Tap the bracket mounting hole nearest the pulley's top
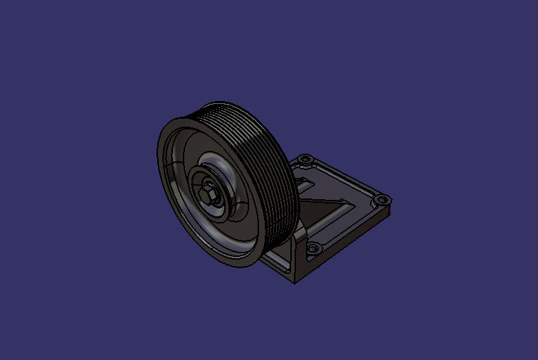click(305, 159)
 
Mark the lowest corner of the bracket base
click(295, 282)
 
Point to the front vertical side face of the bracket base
click(278, 269)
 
